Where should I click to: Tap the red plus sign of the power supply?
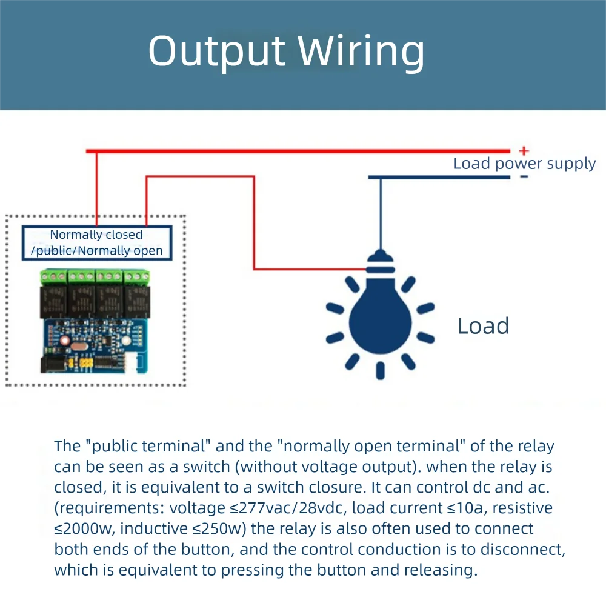click(x=524, y=151)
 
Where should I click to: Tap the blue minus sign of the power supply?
click(x=524, y=176)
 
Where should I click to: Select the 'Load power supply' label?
click(x=524, y=164)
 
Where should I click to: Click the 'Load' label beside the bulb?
click(x=483, y=326)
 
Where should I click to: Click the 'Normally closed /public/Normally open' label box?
click(x=97, y=242)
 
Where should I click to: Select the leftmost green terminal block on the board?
click(x=53, y=278)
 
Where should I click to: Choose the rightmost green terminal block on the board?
click(x=137, y=278)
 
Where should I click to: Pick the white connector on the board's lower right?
click(x=138, y=362)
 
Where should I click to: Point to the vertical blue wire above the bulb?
click(x=381, y=212)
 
